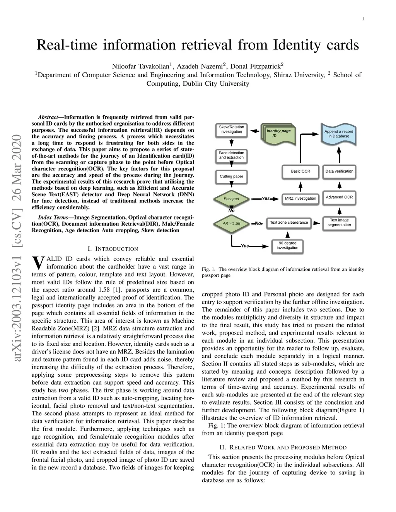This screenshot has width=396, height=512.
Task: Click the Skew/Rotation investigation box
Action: click(231, 129)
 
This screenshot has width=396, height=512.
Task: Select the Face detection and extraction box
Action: click(231, 155)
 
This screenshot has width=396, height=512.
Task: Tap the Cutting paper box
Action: click(231, 177)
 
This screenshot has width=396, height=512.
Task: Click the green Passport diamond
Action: click(232, 199)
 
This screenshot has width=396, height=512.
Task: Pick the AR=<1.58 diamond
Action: click(232, 223)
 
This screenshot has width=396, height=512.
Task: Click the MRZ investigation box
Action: click(300, 199)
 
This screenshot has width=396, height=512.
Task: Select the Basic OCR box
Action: click(300, 171)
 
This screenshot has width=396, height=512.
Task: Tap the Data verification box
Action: click(339, 171)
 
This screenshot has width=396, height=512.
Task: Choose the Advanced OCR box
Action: click(339, 197)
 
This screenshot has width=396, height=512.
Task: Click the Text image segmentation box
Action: click(339, 223)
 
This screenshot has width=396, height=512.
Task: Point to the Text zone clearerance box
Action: click(289, 223)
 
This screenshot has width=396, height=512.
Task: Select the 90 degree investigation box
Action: click(287, 246)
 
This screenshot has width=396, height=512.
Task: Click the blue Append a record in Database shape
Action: click(339, 134)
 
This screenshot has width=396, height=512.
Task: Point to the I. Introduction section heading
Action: click(113, 249)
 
